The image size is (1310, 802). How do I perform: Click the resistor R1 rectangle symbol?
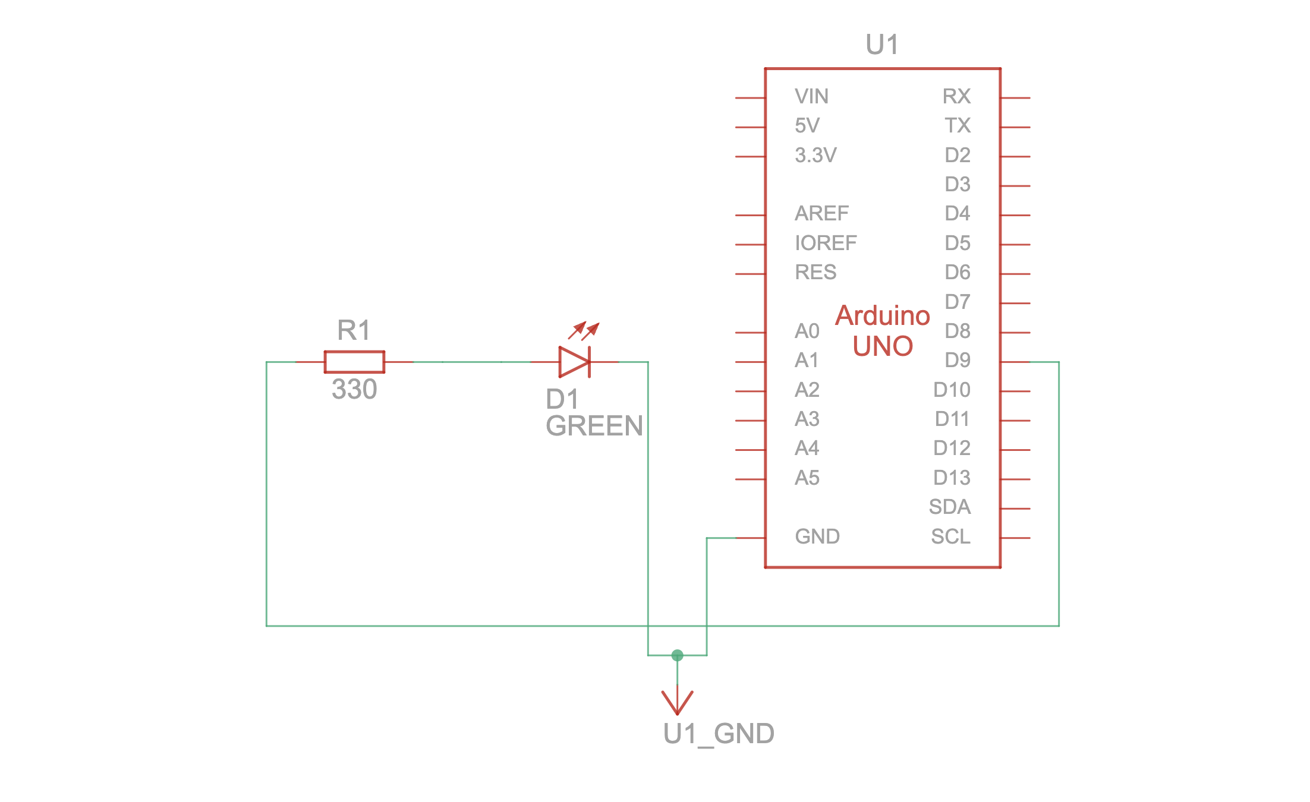tap(354, 362)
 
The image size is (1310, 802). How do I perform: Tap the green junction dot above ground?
tap(677, 655)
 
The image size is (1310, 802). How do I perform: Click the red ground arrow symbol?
tap(677, 702)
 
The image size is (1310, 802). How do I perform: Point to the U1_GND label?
tap(719, 734)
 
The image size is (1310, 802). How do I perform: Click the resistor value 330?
tap(354, 390)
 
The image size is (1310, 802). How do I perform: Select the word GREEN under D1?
tap(594, 426)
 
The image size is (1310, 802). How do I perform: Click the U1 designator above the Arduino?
tap(882, 45)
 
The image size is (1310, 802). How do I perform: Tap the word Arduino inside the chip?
tap(883, 315)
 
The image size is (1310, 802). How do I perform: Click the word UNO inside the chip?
tap(883, 346)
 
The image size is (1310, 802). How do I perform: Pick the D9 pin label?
tap(958, 360)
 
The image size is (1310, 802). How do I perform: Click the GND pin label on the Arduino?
tap(817, 536)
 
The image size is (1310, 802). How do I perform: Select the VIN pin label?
tap(811, 96)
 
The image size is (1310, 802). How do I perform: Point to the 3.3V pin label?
tap(815, 155)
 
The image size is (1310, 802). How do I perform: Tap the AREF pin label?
tap(821, 213)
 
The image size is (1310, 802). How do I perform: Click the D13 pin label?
tap(952, 478)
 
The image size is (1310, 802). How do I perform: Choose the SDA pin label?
tap(950, 507)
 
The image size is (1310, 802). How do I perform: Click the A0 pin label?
tap(807, 331)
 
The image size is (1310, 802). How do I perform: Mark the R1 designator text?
tap(354, 330)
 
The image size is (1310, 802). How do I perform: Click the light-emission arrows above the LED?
tap(584, 330)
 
